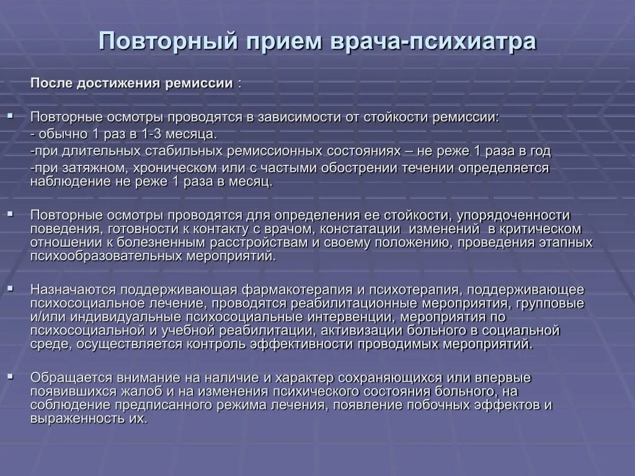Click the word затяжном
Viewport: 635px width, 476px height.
coord(85,168)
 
